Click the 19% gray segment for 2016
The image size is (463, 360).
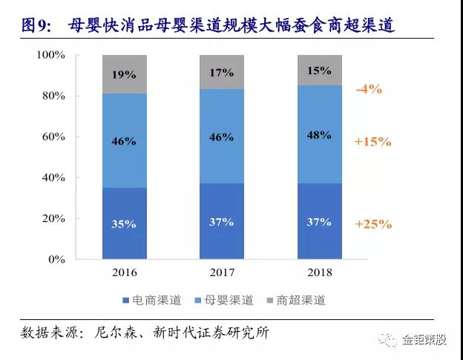(125, 74)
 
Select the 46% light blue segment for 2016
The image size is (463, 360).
(125, 140)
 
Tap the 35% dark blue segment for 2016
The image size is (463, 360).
(125, 223)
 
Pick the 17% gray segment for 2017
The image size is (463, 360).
(221, 72)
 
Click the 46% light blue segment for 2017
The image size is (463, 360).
(221, 137)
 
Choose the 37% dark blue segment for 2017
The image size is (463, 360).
(221, 221)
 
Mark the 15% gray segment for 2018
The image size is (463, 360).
(320, 70)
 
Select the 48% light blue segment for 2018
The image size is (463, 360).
(320, 134)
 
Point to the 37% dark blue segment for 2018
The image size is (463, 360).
(320, 221)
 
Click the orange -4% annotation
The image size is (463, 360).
(368, 89)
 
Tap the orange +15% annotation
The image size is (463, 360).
(372, 141)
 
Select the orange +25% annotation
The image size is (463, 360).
(372, 223)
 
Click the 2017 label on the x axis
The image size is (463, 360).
(221, 272)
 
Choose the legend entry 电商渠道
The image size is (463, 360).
(152, 301)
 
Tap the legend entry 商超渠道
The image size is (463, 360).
(296, 301)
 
